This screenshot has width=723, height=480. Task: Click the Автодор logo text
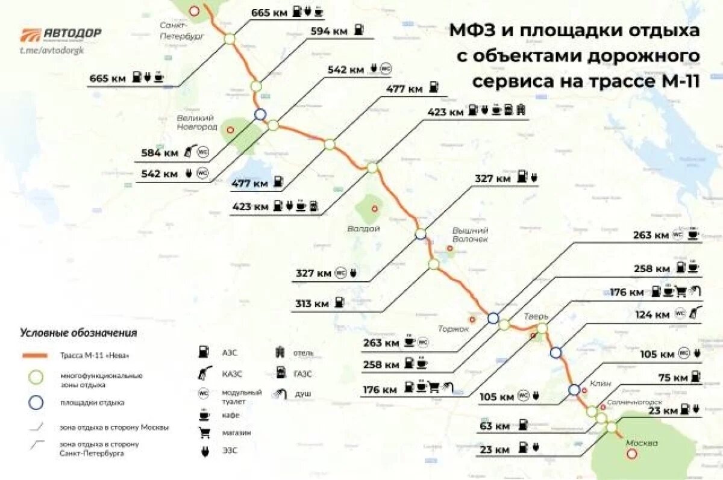(72, 33)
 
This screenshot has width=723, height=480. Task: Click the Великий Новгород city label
(197, 122)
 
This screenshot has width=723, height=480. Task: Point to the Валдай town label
(364, 229)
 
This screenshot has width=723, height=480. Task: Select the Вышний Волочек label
(471, 234)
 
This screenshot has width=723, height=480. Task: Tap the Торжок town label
(452, 328)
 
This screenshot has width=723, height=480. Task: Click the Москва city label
(641, 443)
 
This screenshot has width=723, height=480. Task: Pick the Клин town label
(601, 383)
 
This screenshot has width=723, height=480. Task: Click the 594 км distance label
(328, 31)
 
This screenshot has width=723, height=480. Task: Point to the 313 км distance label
(312, 304)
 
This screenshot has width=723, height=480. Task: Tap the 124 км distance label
(653, 314)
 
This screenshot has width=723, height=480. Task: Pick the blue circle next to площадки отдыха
(37, 402)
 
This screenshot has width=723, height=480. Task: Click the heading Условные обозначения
(78, 332)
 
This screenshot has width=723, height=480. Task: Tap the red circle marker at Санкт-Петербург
(193, 11)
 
